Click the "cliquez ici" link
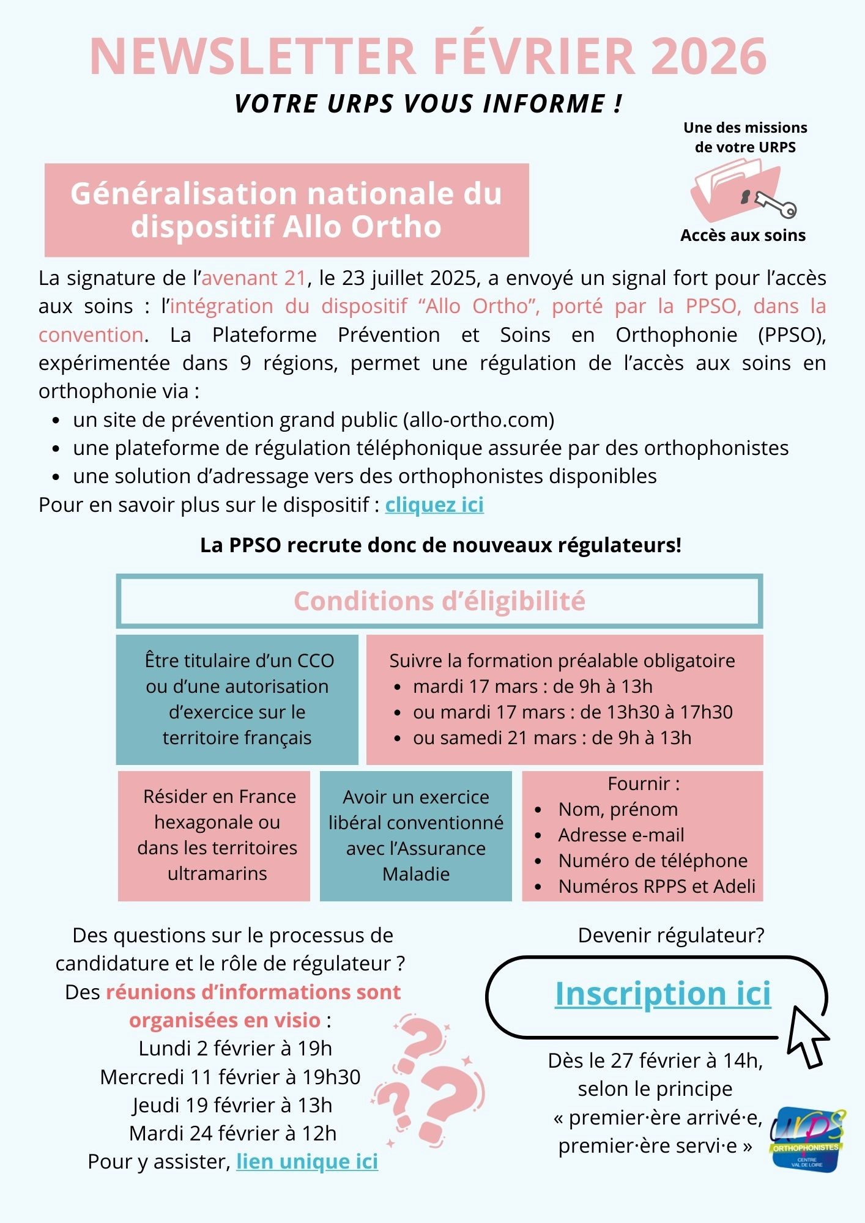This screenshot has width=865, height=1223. pyautogui.click(x=434, y=505)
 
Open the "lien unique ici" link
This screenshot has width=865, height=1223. pyautogui.click(x=307, y=1161)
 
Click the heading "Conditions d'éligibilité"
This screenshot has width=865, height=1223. pyautogui.click(x=439, y=601)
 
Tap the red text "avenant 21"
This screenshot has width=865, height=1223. pyautogui.click(x=254, y=278)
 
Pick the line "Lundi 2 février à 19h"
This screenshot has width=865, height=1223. pyautogui.click(x=235, y=1048)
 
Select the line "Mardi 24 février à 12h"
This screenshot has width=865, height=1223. pyautogui.click(x=232, y=1133)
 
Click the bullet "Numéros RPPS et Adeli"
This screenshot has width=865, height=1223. pyautogui.click(x=656, y=886)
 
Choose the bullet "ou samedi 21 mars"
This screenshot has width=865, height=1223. pyautogui.click(x=552, y=737)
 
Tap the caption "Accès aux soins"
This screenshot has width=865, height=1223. pyautogui.click(x=743, y=235)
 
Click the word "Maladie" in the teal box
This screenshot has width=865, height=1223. pyautogui.click(x=416, y=874)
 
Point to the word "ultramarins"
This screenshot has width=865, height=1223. pyautogui.click(x=217, y=873)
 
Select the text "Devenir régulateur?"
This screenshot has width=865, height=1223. pyautogui.click(x=671, y=935)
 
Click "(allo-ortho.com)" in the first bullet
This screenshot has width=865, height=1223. pyautogui.click(x=478, y=420)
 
